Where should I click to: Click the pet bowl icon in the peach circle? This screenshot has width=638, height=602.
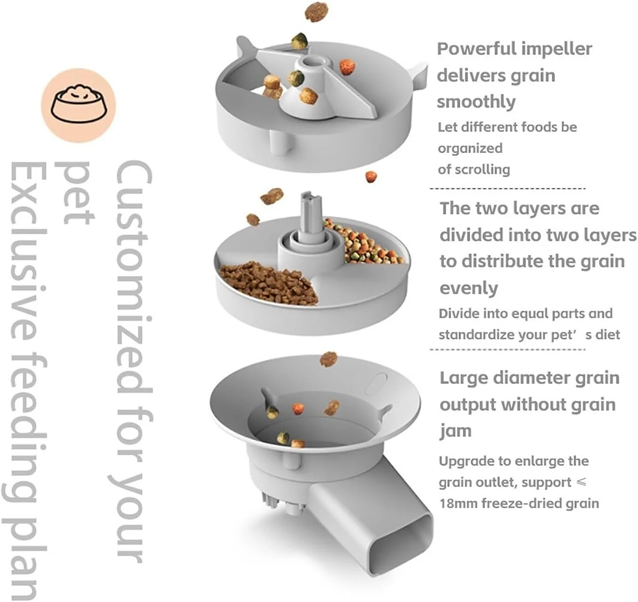click(x=78, y=105)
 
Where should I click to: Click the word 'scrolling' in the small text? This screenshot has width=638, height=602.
click(x=482, y=169)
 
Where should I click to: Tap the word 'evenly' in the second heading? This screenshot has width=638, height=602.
click(x=469, y=288)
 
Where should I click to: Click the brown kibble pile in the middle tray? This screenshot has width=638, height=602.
click(x=267, y=280)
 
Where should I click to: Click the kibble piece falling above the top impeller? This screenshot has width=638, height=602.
click(x=316, y=11)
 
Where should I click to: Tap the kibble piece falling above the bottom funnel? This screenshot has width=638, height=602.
click(x=329, y=359)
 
